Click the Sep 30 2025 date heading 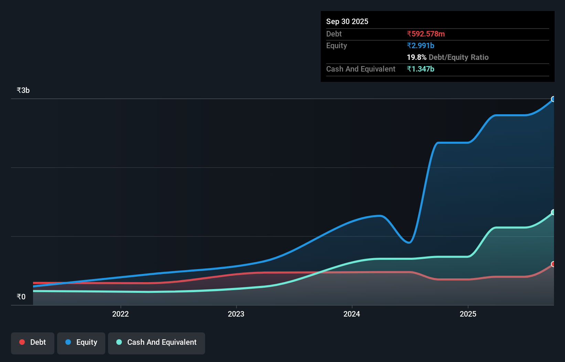click(347, 21)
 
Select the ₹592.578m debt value click(426, 34)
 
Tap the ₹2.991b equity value click(420, 45)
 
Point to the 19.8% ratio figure click(416, 57)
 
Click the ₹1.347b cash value click(420, 69)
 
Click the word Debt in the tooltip click(334, 34)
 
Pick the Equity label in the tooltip click(336, 45)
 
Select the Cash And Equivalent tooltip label click(361, 69)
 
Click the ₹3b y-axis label click(23, 90)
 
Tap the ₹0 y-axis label click(21, 297)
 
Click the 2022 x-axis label click(120, 314)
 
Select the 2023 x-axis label click(236, 314)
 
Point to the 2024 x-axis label click(352, 314)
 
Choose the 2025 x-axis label click(468, 314)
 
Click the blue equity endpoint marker click(553, 99)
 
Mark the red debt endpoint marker click(553, 264)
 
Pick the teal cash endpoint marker click(553, 212)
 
